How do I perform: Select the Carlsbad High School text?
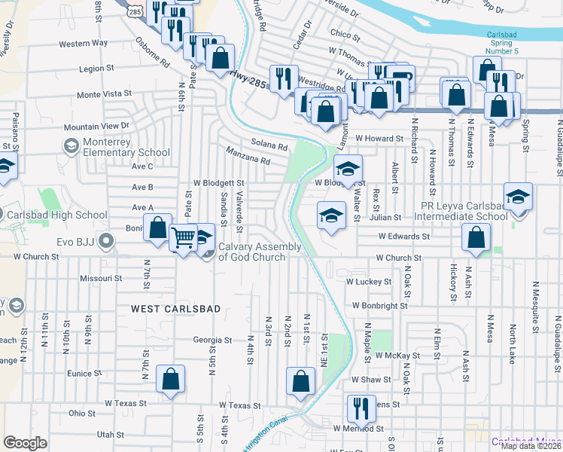56,215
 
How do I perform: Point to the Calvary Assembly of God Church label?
260,252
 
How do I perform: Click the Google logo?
25,443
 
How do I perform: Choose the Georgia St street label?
212,340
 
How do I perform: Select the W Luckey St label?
369,282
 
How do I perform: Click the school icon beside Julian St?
331,215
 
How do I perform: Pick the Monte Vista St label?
104,95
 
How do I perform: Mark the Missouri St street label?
101,278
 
